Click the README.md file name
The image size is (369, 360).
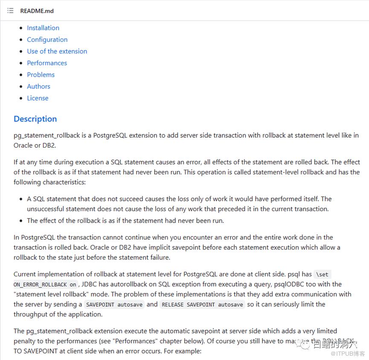point(37,11)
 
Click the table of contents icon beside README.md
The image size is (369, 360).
point(10,11)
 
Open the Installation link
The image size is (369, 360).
point(43,28)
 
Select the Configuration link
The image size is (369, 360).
point(47,39)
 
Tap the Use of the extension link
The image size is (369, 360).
point(57,51)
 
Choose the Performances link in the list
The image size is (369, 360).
point(47,63)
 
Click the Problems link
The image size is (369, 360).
point(41,75)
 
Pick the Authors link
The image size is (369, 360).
point(38,86)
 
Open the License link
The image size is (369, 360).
point(38,98)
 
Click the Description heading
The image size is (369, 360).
point(35,119)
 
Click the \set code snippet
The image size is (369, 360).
point(322,274)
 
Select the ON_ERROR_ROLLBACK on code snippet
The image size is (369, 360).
point(45,285)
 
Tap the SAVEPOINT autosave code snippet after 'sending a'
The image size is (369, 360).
point(115,305)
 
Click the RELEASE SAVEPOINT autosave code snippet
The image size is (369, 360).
point(202,305)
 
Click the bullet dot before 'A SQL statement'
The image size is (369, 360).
point(21,199)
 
